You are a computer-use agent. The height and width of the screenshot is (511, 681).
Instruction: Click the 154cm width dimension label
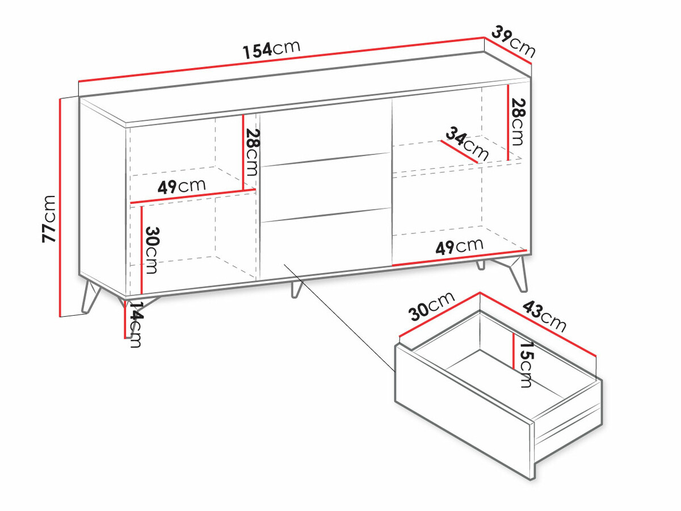coord(271,49)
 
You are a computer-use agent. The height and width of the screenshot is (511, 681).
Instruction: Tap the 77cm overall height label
coord(49,219)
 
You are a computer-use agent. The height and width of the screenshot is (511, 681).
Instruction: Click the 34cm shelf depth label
coord(467,144)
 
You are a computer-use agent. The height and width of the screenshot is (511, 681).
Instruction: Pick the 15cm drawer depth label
coord(526,365)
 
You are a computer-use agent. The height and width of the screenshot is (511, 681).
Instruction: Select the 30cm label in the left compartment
coord(152,250)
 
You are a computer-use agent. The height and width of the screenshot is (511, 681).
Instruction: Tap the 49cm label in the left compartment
coord(182,186)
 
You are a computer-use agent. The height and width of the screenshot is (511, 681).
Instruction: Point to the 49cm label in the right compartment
coord(460,246)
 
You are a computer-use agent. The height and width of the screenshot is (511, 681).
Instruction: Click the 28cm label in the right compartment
coord(519,122)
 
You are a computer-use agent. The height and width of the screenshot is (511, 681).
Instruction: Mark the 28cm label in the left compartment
coord(251,152)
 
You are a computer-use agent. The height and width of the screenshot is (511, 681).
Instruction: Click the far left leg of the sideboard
coord(91,297)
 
